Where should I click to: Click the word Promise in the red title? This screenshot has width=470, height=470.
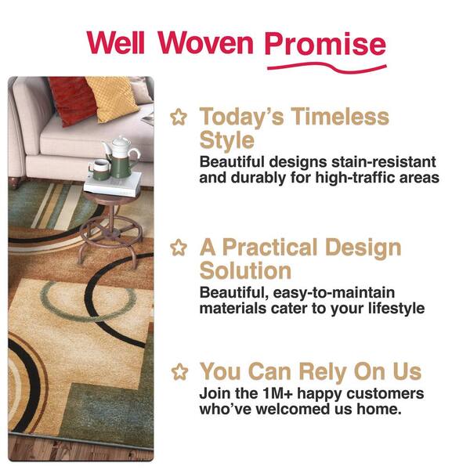click(325, 44)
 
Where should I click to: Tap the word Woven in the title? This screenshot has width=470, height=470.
click(205, 42)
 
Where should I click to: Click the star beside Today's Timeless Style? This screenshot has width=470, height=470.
click(179, 117)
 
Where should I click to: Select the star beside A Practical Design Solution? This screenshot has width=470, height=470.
click(179, 248)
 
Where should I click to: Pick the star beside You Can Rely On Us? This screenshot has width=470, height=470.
click(179, 371)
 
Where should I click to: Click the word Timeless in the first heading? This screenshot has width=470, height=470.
click(340, 116)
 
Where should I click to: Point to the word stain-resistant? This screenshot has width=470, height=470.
click(383, 162)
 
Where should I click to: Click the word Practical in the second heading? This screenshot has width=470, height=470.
click(269, 248)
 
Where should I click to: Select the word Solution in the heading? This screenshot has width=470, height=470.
click(245, 271)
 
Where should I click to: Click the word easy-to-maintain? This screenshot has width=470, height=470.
click(334, 293)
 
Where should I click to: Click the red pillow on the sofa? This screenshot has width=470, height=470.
click(71, 101)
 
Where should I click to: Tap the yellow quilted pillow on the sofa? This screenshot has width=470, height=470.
click(113, 99)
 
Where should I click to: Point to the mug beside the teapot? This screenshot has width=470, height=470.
click(99, 170)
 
